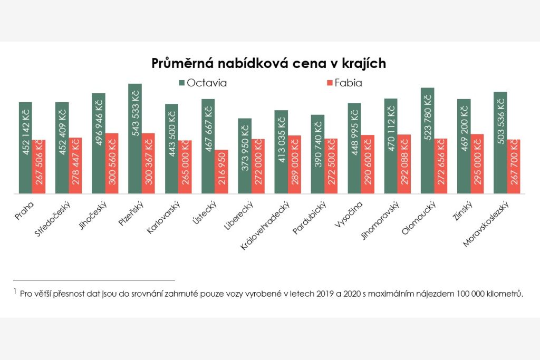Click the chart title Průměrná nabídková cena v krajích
(269, 63)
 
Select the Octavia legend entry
(203, 83)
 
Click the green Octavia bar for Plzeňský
(135, 139)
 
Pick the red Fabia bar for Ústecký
(221, 172)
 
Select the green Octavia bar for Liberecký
(245, 156)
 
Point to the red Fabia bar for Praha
(39, 167)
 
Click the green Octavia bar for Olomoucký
(427, 141)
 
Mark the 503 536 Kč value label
(500, 118)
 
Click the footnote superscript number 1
(15, 291)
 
